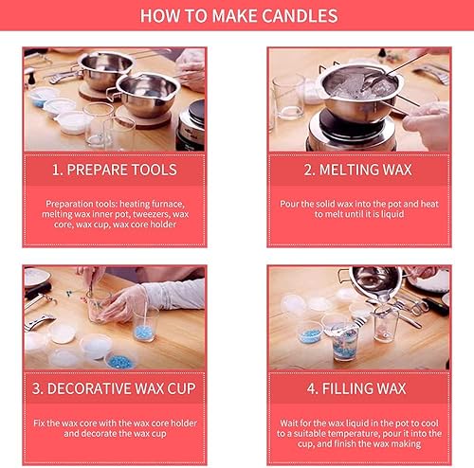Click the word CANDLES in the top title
[x=300, y=16]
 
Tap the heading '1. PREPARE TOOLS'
[x=115, y=170]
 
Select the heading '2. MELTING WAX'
[x=358, y=170]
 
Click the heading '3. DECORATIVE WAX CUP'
[x=114, y=388]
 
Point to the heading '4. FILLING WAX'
[x=356, y=388]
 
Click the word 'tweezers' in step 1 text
[x=151, y=214]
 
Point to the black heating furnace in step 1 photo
[x=191, y=126]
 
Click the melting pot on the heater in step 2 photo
[x=360, y=93]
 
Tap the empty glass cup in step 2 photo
[x=288, y=97]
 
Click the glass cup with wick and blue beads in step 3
[x=145, y=325]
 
